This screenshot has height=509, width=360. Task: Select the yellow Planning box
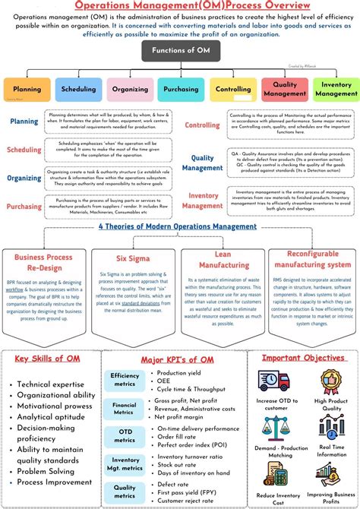click(x=27, y=89)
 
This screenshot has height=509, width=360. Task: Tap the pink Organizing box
click(x=129, y=89)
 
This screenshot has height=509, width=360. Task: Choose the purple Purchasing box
click(x=180, y=89)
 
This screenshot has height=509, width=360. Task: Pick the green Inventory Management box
click(x=334, y=89)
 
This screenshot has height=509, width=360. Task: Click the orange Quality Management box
click(x=283, y=89)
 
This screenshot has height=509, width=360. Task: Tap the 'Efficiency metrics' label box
click(x=125, y=380)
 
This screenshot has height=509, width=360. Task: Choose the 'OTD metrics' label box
click(x=125, y=435)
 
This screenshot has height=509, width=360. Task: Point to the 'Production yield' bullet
click(x=185, y=373)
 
